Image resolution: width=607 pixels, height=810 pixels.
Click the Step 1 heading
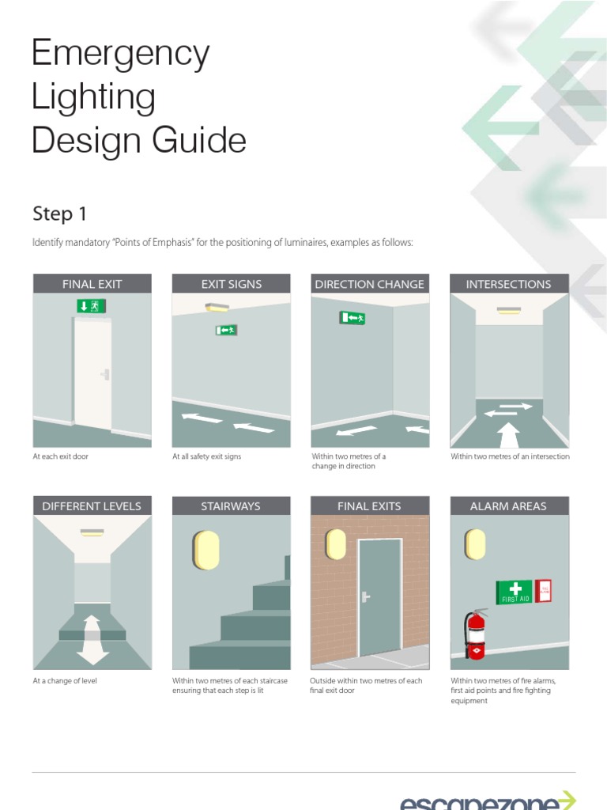59,214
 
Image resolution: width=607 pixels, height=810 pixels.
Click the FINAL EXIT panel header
92,284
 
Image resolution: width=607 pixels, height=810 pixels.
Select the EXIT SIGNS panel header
232,284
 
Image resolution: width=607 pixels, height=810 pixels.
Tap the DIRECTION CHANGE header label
369,284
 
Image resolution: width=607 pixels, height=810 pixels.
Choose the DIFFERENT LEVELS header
92,506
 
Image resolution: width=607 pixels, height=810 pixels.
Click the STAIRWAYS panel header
232,506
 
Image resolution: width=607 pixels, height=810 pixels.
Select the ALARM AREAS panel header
508,506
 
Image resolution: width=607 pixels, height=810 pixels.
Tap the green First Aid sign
514,592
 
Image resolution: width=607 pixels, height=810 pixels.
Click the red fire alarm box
543,591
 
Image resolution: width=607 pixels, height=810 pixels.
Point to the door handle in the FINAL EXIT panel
104,373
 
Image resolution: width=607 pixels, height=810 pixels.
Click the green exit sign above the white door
92,305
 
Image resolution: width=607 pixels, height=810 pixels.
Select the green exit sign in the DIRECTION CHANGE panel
353,318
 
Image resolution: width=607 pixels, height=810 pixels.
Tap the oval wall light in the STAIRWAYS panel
206,550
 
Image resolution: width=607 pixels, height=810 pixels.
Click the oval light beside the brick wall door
336,544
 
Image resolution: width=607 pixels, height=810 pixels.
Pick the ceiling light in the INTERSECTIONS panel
508,310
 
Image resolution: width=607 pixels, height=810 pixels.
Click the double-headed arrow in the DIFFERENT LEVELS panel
92,638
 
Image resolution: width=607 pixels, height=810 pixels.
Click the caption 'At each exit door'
60,456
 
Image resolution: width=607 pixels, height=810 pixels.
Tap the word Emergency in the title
120,54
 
